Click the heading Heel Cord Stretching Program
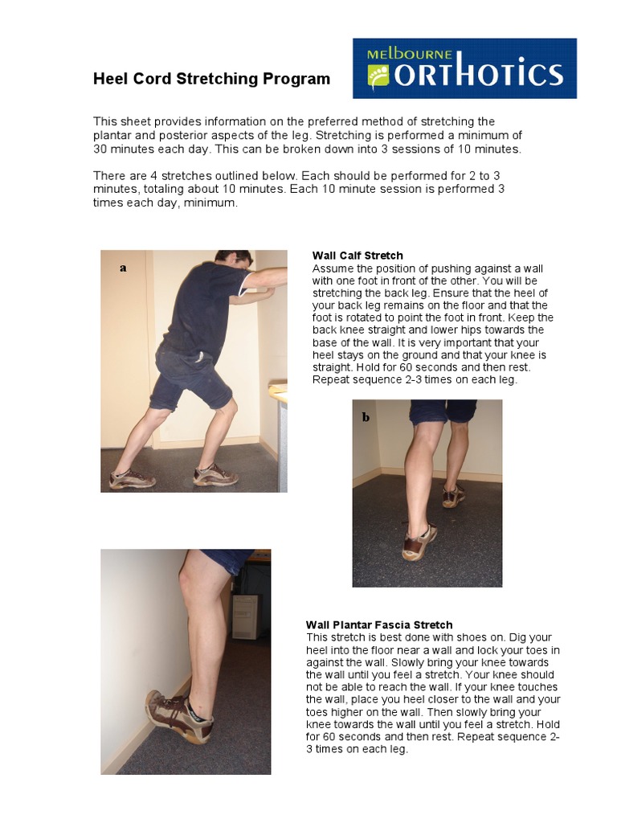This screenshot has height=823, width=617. pyautogui.click(x=211, y=79)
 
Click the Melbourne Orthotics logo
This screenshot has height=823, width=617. pyautogui.click(x=464, y=68)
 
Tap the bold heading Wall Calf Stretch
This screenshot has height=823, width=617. pyautogui.click(x=358, y=256)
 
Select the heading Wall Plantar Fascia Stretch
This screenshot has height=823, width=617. pyautogui.click(x=379, y=624)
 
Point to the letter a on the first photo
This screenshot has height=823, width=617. pyautogui.click(x=123, y=268)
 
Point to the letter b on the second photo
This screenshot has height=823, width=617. pyautogui.click(x=366, y=417)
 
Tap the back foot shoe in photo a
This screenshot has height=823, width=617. pyautogui.click(x=131, y=479)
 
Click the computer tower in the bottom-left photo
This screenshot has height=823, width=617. pyautogui.click(x=245, y=616)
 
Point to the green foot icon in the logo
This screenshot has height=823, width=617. pyautogui.click(x=378, y=75)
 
